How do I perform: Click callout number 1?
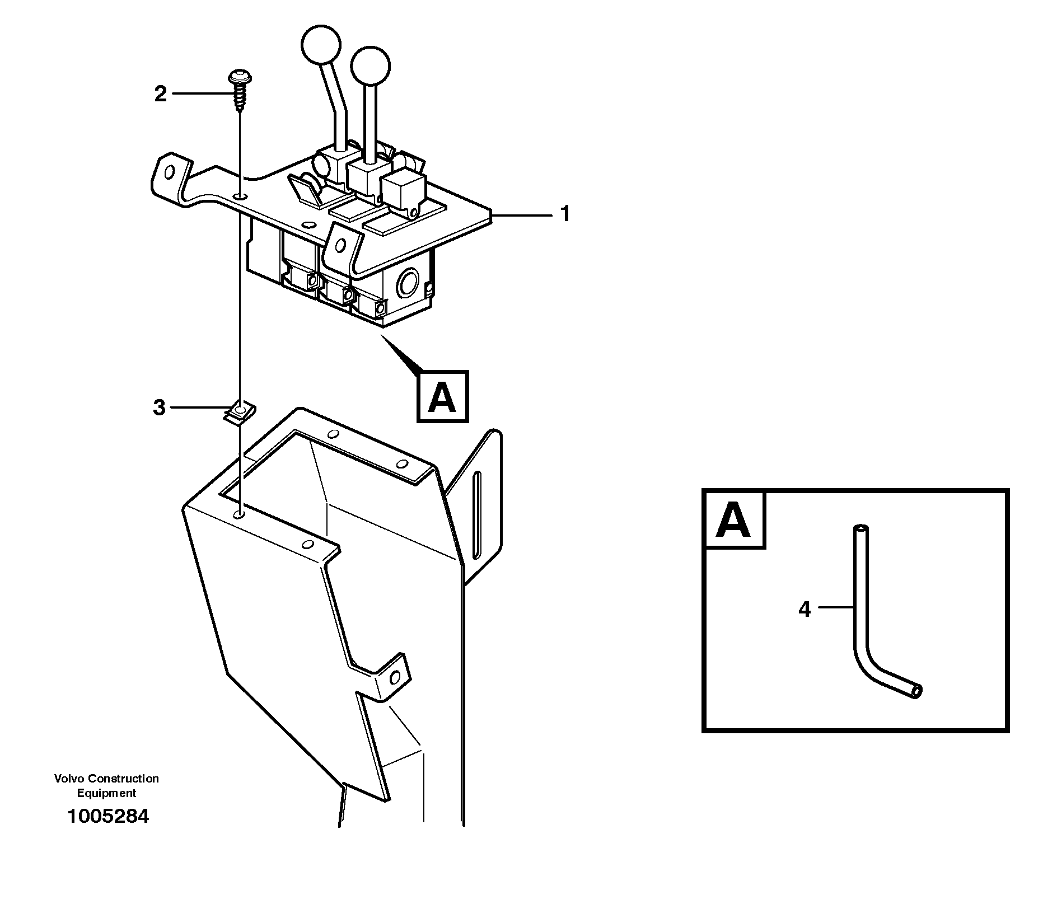565,214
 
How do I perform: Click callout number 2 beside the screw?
161,94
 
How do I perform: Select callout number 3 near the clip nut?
160,407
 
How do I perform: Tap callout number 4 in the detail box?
805,609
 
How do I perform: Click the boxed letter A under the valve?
442,396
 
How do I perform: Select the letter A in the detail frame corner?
733,520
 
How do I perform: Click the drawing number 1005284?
108,816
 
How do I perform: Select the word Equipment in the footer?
106,793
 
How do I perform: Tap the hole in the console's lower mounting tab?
396,678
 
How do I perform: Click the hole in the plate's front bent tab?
340,245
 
